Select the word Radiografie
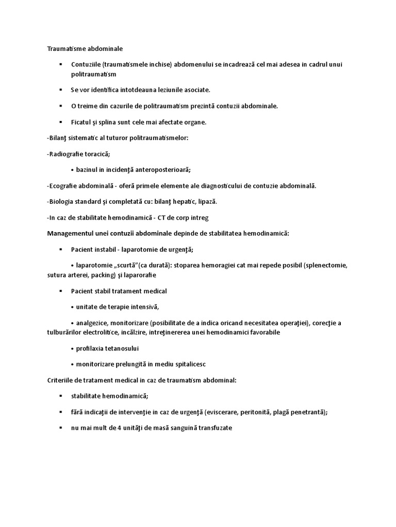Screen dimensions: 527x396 (x=70, y=154)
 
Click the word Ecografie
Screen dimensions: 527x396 (x=64, y=185)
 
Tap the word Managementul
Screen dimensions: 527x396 (x=71, y=233)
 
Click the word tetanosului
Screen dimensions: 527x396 (x=120, y=348)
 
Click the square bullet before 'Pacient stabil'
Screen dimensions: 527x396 (x=60, y=291)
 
